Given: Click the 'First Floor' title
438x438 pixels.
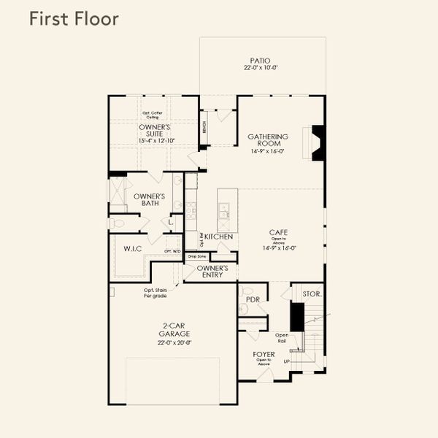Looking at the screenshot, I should coord(73,19).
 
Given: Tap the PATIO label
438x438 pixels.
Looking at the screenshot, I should coord(260,61).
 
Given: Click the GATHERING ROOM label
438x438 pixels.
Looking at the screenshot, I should coord(268,140).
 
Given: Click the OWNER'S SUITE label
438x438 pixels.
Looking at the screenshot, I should coord(154,130).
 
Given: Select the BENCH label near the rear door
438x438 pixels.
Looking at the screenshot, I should coord(204,128).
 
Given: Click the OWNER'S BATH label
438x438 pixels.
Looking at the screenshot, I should coord(149,200).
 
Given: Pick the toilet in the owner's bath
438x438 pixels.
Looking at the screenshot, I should coord(118,223).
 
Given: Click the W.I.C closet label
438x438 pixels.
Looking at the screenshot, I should coord(133,249).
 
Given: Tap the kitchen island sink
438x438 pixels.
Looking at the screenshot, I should coord(225,214).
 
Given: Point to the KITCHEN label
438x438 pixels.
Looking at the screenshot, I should coord(219,237).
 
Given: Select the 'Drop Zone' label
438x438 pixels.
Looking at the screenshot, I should coord(196,256).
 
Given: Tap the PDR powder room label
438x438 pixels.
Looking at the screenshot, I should coord(253,299).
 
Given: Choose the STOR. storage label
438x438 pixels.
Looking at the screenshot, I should coord(312,293).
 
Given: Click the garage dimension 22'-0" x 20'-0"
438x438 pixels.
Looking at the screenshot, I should coord(174,342).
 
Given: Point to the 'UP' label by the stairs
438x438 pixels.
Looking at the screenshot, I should coord(286,362).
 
